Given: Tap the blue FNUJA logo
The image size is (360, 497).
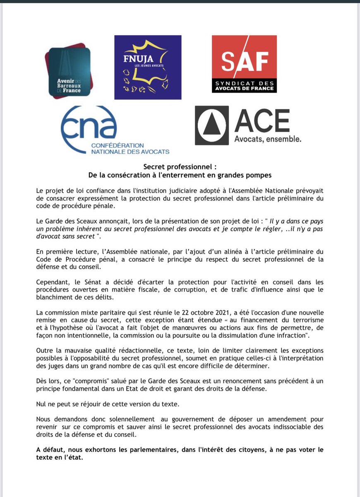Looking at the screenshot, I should point(148,67).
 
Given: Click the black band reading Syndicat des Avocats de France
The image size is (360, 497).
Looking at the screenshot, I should point(244,85).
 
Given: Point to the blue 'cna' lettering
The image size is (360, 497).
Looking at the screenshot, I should point(89,125).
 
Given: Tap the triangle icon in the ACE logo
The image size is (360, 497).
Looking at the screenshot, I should point(211,125).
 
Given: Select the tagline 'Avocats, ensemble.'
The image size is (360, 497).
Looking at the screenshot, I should point(268,139).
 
